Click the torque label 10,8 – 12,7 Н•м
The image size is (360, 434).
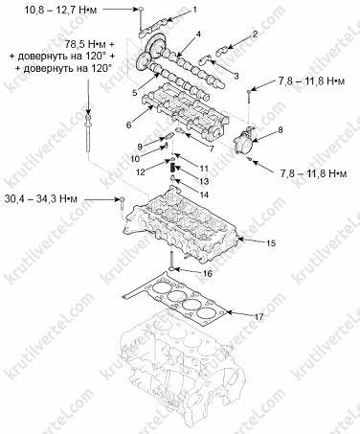tap(60, 10)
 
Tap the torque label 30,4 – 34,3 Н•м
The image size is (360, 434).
tap(41, 199)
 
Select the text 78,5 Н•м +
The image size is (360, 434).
tap(90, 44)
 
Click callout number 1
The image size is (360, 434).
tap(194, 10)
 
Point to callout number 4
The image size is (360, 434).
tap(198, 34)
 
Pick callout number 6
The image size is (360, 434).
tap(128, 125)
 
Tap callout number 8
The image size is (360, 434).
tap(280, 130)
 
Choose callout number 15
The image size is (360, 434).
tap(271, 243)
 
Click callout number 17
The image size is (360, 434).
tap(259, 316)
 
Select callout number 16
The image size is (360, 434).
tap(208, 274)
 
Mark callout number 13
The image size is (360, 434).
tap(204, 181)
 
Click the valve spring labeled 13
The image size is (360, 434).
tap(172, 167)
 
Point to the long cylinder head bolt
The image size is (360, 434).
tap(88, 133)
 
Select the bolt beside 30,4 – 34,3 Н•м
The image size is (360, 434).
tap(122, 203)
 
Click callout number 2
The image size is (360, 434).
tap(255, 34)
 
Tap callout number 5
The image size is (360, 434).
tap(134, 93)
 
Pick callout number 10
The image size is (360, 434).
tap(135, 158)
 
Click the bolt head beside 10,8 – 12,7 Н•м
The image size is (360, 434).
tap(141, 10)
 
